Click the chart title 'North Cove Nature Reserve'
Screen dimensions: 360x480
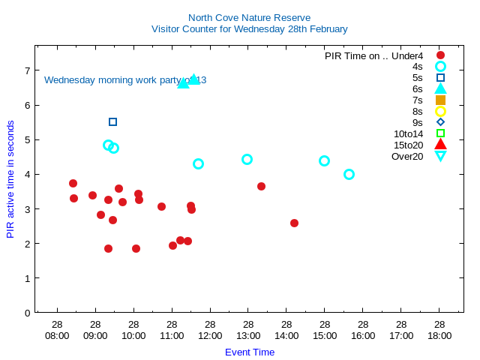(249, 18)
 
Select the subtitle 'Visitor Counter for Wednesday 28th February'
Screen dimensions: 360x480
(249, 29)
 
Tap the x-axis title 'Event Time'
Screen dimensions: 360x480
(250, 352)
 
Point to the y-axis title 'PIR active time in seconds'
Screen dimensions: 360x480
(10, 179)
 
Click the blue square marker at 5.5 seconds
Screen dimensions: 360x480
(112, 121)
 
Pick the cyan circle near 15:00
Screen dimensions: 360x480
(324, 160)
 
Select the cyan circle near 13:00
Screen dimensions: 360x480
(247, 159)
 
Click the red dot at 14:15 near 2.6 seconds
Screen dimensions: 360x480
(294, 223)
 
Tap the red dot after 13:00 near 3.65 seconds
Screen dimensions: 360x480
(261, 186)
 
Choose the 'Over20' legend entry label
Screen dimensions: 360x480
(407, 156)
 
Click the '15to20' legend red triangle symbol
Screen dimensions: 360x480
(440, 145)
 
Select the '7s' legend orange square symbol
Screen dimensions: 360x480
(440, 100)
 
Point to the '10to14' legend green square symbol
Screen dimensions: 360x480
(440, 133)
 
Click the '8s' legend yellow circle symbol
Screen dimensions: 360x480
(440, 111)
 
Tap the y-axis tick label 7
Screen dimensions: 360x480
(27, 70)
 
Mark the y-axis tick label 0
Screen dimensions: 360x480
(27, 313)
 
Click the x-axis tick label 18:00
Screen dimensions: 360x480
(439, 335)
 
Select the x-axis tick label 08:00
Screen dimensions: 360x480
(57, 335)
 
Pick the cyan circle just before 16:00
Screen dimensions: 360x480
(349, 174)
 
